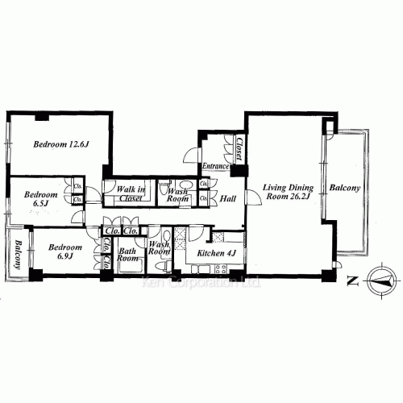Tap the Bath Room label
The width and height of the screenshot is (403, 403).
[128, 256]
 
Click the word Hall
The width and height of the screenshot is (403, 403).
[227, 197]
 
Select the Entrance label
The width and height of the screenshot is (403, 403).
[217, 167]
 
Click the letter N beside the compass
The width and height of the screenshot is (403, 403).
[351, 281]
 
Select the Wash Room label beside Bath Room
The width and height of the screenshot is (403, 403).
[160, 247]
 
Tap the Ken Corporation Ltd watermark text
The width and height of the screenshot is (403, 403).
[201, 283]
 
